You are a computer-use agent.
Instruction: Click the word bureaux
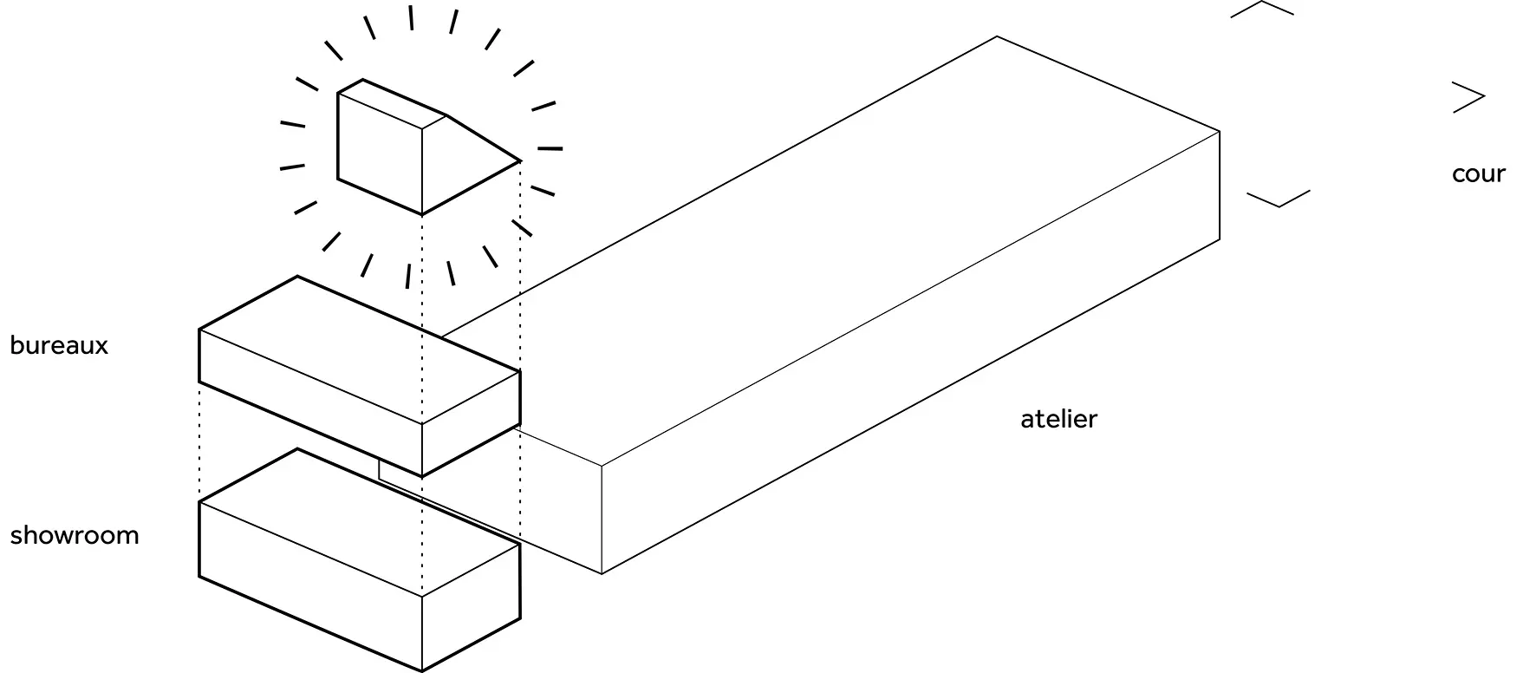[59, 345]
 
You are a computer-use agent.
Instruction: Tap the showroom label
[75, 535]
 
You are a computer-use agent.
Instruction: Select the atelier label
[1058, 419]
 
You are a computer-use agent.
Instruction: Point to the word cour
[1478, 173]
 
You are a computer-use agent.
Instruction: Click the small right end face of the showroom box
[471, 607]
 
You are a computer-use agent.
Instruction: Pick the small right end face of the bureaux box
[471, 425]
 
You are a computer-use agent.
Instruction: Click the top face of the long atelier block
[832, 252]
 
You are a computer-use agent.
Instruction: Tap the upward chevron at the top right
[1261, 9]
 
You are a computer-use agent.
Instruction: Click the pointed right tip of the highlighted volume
[520, 161]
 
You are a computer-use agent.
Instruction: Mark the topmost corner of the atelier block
[997, 36]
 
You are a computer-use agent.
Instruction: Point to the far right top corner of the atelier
[1220, 132]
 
